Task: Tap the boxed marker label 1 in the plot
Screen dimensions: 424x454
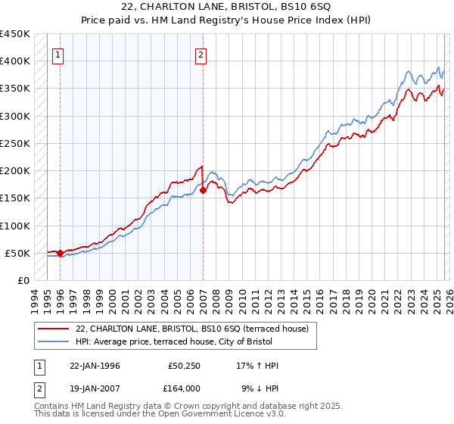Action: [59, 54]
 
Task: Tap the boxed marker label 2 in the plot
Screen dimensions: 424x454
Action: [201, 54]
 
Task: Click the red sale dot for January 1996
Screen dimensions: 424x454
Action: [61, 253]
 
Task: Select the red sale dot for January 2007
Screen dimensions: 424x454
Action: [204, 191]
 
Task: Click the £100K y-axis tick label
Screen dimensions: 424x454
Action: [15, 226]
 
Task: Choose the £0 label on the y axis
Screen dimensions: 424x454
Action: [23, 280]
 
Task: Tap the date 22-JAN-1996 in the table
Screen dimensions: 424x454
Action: [95, 366]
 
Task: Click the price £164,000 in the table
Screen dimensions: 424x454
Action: [184, 388]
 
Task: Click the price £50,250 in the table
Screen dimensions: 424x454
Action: [184, 366]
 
